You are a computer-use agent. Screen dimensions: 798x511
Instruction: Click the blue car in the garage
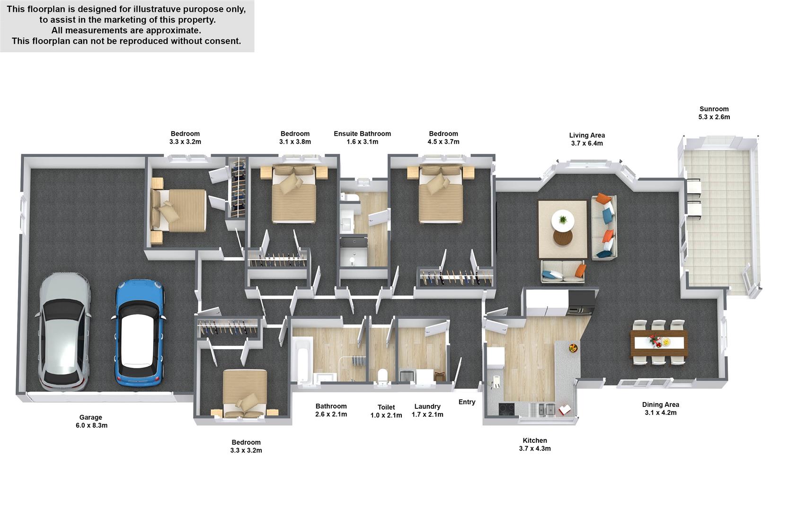[x=138, y=333]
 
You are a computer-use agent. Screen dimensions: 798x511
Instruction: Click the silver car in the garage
[x=63, y=332]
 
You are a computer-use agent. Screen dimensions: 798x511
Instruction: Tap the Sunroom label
[x=714, y=109]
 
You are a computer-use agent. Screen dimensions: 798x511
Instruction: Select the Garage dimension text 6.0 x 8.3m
[x=91, y=425]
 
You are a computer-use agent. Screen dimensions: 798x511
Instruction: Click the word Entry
[x=467, y=402]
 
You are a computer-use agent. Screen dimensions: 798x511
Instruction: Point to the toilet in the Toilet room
[x=382, y=377]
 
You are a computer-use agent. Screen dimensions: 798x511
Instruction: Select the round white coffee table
[x=562, y=220]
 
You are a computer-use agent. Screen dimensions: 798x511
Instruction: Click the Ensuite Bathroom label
[x=362, y=134]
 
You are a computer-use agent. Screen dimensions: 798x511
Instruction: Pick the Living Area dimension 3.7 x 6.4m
[x=587, y=143]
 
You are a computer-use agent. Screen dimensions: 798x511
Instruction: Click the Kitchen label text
[x=535, y=441]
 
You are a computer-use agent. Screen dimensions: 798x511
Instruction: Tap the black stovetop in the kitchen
[x=506, y=409]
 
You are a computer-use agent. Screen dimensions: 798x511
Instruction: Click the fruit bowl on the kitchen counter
[x=573, y=348]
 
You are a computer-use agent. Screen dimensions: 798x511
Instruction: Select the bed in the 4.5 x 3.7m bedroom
[x=441, y=194]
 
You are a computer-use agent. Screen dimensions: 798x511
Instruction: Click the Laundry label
[x=427, y=406]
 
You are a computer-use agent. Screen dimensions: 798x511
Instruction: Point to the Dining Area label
[x=660, y=405]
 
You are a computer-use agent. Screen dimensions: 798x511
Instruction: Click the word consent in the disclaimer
[x=224, y=41]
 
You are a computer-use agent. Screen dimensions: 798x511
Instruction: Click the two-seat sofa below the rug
[x=563, y=271]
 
